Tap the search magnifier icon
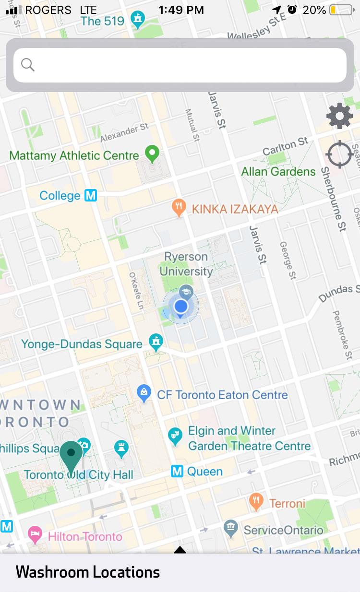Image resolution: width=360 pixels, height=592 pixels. (28, 65)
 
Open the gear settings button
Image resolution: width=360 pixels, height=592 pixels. (339, 116)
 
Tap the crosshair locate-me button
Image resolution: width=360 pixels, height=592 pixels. (339, 154)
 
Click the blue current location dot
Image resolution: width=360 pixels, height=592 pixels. (181, 306)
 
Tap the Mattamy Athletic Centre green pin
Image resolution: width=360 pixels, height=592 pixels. (152, 154)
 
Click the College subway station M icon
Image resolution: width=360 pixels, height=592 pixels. (91, 195)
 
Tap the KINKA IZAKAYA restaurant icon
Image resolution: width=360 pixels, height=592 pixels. (179, 208)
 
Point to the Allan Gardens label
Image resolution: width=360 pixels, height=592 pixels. (278, 171)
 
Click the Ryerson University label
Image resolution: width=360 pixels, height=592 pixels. (186, 264)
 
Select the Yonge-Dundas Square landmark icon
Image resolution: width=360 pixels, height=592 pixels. (155, 342)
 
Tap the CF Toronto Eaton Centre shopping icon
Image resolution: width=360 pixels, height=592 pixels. (144, 393)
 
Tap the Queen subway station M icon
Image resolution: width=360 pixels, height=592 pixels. (177, 471)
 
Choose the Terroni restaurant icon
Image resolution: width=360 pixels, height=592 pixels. (256, 501)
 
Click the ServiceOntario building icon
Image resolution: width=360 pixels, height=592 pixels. (231, 528)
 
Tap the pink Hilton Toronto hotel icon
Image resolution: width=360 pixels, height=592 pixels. (35, 534)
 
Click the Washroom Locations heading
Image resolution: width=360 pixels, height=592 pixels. (88, 572)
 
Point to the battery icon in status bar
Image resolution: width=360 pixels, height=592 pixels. (341, 10)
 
